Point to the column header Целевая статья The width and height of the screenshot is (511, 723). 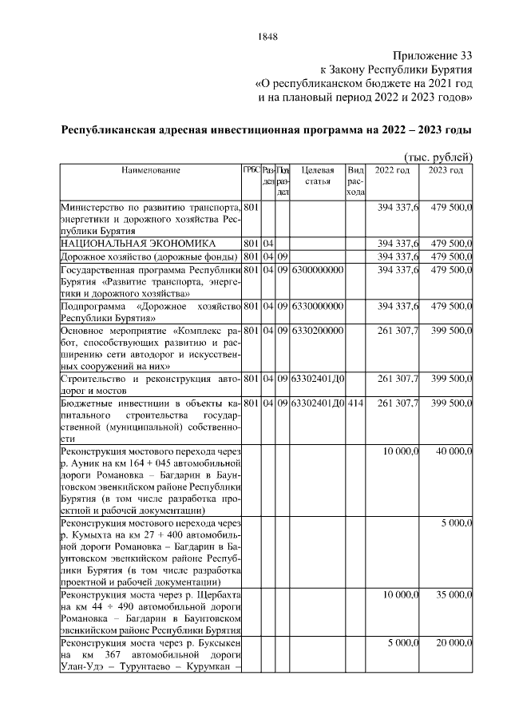pos(318,176)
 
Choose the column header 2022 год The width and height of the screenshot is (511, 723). pos(392,170)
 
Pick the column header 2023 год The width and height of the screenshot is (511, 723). pos(446,170)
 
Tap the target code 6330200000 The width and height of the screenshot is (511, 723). pos(318,330)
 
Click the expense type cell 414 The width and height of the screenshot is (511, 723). pos(355,403)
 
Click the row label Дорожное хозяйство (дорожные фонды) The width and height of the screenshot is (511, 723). pos(150,256)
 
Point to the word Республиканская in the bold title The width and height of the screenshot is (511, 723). pos(114,129)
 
